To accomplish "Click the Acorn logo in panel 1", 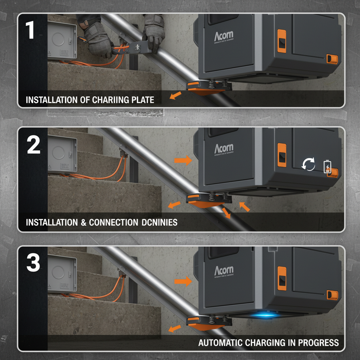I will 223,36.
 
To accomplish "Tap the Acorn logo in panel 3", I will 224,271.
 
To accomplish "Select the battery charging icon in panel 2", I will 327,167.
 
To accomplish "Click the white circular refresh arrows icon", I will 309,165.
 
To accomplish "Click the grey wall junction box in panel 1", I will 62,41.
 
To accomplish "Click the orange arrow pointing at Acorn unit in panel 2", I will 183,161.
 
